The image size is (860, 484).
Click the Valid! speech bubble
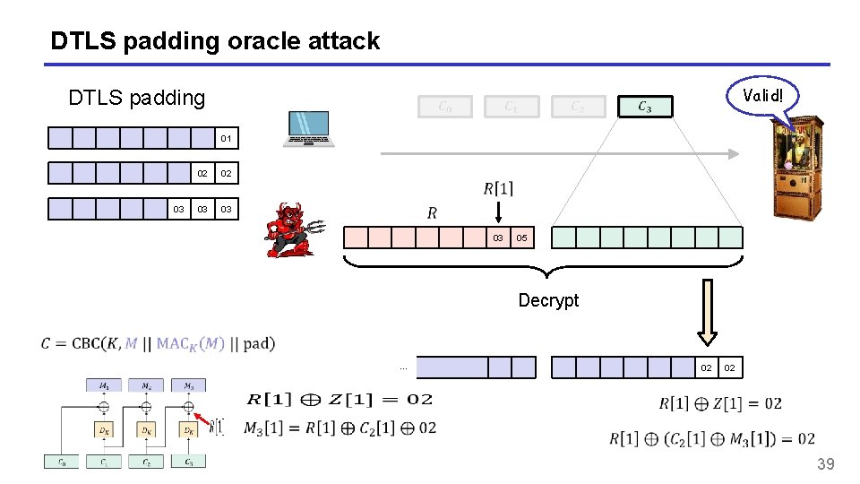click(761, 95)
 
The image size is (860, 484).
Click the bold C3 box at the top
click(644, 108)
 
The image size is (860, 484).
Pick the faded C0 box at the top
click(444, 108)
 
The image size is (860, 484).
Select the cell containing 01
click(227, 138)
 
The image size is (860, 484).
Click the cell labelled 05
click(521, 238)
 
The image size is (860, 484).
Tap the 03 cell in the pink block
click(497, 238)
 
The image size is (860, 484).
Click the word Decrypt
click(548, 300)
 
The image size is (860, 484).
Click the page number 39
click(825, 463)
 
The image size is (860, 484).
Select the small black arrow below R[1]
click(498, 212)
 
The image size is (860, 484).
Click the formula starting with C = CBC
click(158, 342)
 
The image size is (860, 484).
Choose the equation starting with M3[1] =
click(340, 428)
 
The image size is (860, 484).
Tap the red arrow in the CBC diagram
click(204, 419)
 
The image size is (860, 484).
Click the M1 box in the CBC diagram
click(104, 385)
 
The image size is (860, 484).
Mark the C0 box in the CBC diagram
click(61, 462)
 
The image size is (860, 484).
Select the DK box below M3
click(189, 429)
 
